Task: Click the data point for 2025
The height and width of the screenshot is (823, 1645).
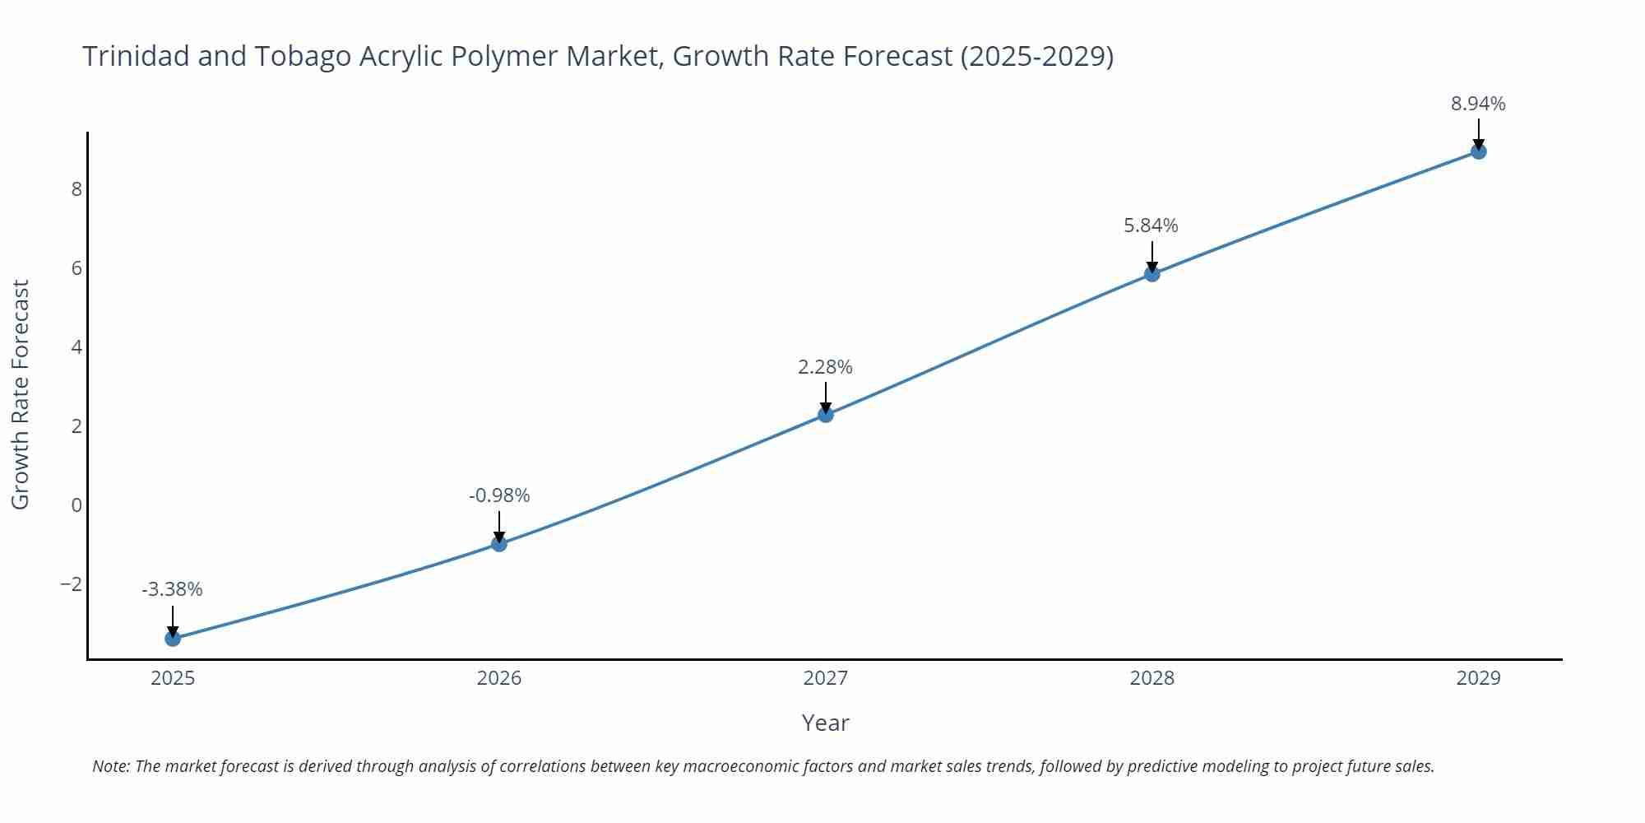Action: point(173,638)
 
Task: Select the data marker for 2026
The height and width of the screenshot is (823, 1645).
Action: point(499,543)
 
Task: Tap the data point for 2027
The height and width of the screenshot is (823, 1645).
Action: point(826,415)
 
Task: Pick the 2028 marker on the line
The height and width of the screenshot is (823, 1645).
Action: point(1152,274)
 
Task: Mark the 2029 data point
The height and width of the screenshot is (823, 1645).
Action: point(1479,151)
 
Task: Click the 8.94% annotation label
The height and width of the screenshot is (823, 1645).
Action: point(1478,104)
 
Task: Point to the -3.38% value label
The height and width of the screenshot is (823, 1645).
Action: point(172,589)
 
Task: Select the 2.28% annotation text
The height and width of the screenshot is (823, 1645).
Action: point(825,367)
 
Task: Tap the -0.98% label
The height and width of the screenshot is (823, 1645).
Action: point(499,495)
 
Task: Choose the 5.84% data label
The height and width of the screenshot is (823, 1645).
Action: point(1151,226)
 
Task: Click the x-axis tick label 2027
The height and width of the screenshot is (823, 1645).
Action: point(825,678)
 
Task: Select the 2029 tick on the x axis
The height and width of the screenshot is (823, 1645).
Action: point(1478,678)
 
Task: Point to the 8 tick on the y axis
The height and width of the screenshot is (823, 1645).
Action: point(76,189)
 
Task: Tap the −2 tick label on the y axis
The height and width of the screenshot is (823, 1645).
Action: point(72,584)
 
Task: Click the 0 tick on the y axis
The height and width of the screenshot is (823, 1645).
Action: point(76,505)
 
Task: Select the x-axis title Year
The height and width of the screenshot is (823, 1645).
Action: point(825,723)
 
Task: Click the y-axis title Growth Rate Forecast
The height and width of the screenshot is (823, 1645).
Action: point(20,394)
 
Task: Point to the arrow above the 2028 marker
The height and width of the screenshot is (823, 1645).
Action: point(1152,256)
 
